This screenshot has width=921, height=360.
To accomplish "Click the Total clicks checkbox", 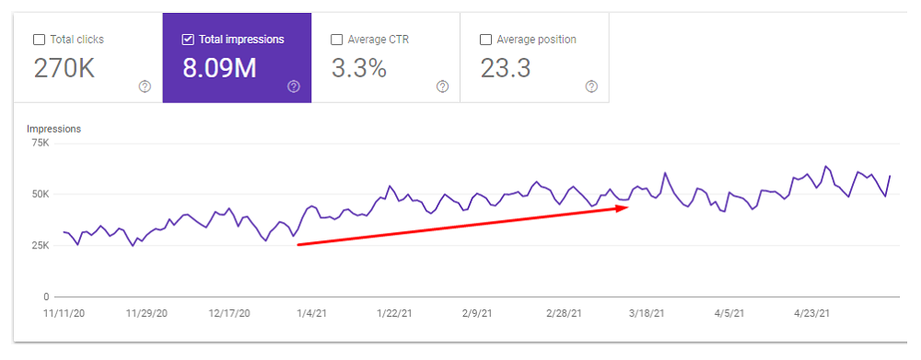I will (39, 40).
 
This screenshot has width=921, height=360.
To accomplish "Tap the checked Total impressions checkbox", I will (188, 40).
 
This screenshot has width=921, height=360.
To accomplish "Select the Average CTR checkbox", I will (337, 40).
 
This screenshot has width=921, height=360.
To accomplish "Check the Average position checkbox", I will (486, 40).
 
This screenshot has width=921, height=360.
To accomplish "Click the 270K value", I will (64, 68).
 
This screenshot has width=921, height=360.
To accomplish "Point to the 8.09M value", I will (219, 68).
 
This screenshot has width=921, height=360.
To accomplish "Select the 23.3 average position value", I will (506, 68).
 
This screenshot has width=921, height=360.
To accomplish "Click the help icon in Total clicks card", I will (145, 87).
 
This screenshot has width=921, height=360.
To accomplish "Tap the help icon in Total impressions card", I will (294, 87).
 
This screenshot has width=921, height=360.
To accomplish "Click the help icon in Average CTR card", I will (442, 87).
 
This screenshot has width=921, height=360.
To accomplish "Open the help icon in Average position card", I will (591, 87).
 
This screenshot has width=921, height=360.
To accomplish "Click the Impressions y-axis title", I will (53, 129).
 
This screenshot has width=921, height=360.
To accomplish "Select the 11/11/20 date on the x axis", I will (64, 314).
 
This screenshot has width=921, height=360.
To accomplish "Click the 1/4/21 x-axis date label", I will (311, 314).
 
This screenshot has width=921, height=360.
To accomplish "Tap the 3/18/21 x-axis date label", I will (647, 314).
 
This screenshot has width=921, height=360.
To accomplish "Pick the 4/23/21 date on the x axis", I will (812, 314).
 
